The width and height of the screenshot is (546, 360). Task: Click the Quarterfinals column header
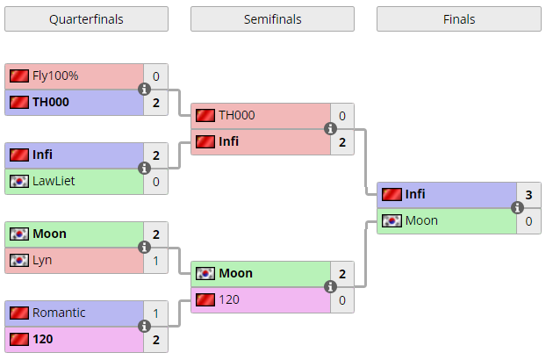point(86,19)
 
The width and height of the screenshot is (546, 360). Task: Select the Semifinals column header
point(272,19)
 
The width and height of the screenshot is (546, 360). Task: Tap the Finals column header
point(459,19)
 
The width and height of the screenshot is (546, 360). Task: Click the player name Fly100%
point(55,76)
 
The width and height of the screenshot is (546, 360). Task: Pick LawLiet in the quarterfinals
point(54,181)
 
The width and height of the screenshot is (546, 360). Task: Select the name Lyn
point(42,261)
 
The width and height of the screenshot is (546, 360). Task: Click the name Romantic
point(59,313)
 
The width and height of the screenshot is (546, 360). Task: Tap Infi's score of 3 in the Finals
point(528,195)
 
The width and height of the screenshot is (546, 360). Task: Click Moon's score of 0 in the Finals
point(528,221)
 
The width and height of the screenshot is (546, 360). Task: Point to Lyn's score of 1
point(155,261)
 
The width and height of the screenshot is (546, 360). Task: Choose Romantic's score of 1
point(155,313)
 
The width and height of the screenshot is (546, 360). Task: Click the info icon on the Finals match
point(517,207)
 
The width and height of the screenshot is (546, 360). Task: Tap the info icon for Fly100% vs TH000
point(144,90)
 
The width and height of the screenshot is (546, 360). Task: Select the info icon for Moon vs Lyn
point(144,248)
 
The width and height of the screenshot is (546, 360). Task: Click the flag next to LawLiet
point(19,181)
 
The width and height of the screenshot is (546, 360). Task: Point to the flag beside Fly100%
point(19,76)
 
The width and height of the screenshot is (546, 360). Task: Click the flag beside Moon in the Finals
point(392,220)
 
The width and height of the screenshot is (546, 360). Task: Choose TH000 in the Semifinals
point(237,115)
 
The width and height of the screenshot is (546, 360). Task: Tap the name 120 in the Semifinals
point(229,299)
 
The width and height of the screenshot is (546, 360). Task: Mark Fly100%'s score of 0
point(155,76)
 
